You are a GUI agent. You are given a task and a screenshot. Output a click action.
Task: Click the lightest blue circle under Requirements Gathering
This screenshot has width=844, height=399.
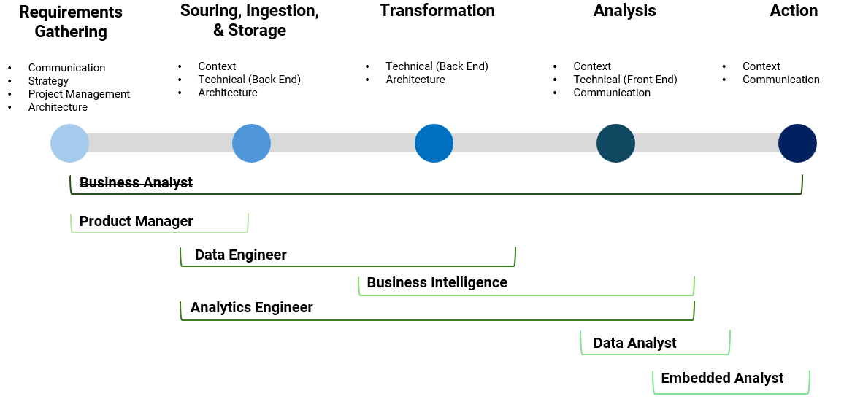69,143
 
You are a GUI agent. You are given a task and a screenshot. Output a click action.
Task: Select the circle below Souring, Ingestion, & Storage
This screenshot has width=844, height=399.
251,143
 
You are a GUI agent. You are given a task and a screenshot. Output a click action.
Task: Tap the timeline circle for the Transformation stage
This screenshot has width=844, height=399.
434,143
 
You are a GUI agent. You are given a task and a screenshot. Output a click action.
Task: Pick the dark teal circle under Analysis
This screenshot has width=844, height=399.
615,143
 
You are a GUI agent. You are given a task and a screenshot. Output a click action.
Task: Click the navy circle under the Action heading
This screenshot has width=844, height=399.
797,143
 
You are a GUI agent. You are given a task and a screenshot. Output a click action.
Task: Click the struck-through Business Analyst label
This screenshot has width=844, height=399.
136,182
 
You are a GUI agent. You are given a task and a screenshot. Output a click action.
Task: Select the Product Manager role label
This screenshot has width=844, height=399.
136,221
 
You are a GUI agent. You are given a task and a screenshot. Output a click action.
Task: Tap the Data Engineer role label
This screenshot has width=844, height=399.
240,255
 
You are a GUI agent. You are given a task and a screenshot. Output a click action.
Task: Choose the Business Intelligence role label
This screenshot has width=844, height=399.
437,282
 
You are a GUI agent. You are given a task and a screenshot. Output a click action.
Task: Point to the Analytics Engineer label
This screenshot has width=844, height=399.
251,307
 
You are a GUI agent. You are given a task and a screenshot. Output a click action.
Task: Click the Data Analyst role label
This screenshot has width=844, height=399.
634,343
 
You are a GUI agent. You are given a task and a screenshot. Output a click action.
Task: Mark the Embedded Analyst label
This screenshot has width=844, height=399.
722,378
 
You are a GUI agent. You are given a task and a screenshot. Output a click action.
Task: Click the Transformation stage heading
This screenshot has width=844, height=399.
437,11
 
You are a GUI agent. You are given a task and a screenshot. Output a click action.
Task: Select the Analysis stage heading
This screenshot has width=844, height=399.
624,11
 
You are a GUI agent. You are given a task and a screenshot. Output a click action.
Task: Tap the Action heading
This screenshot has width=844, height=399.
794,11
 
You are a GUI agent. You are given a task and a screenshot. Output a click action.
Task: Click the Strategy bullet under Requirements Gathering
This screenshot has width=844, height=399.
48,81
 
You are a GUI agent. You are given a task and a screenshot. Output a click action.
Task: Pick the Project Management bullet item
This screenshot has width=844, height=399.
79,94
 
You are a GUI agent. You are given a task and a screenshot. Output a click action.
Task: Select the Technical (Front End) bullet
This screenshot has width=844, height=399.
625,80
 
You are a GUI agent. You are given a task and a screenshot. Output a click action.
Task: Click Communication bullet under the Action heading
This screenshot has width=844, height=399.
780,80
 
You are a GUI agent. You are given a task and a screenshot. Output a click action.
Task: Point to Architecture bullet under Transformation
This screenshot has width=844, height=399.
415,80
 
